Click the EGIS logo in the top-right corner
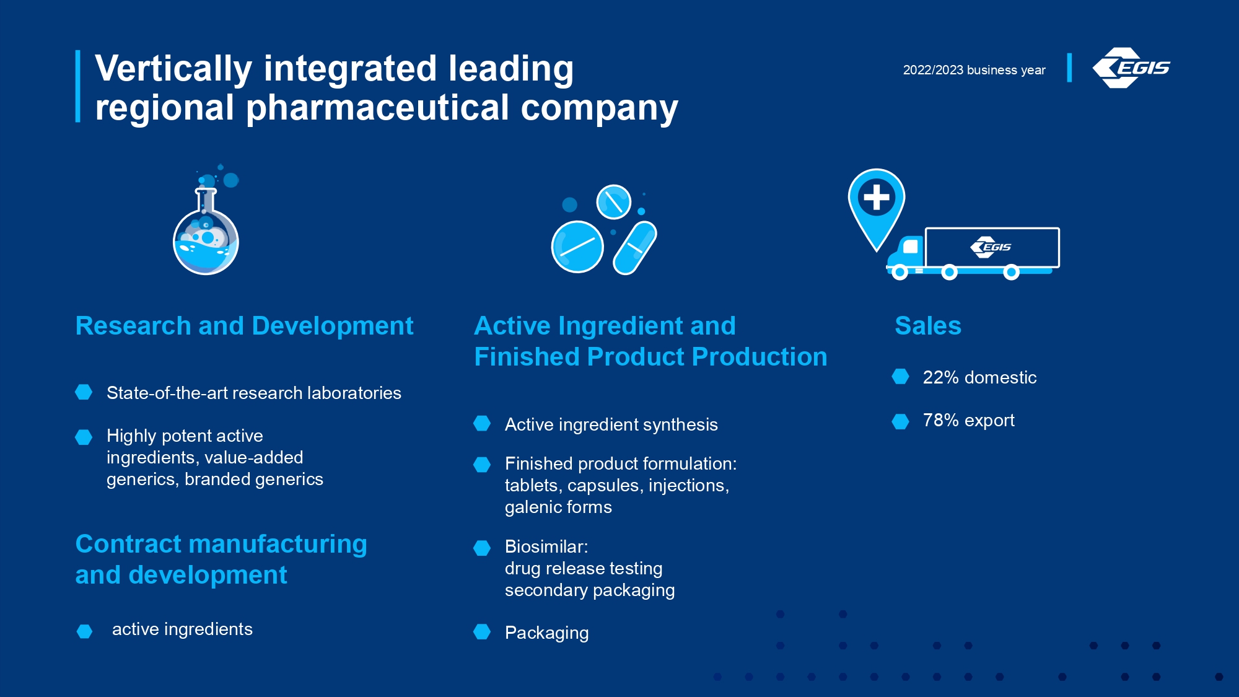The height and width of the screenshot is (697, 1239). pyautogui.click(x=1131, y=68)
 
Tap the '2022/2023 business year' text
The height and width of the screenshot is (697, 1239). pyautogui.click(x=974, y=70)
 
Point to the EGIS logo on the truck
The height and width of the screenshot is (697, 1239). pyautogui.click(x=991, y=247)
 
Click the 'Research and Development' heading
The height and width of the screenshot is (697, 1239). pyautogui.click(x=244, y=326)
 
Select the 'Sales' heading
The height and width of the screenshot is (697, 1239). pyautogui.click(x=928, y=326)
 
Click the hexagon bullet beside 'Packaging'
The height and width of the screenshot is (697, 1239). pyautogui.click(x=482, y=631)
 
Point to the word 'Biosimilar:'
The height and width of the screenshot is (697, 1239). pyautogui.click(x=546, y=546)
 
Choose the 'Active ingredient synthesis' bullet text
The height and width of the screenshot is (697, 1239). pyautogui.click(x=611, y=424)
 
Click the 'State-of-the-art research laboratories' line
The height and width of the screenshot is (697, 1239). pyautogui.click(x=254, y=393)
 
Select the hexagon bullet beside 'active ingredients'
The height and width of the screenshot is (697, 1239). pyautogui.click(x=84, y=631)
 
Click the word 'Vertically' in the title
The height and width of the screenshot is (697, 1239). pyautogui.click(x=173, y=69)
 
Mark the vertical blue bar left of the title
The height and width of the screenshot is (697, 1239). pyautogui.click(x=78, y=86)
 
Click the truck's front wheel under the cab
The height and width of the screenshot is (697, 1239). pyautogui.click(x=900, y=272)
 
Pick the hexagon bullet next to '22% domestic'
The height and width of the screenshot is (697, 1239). pyautogui.click(x=900, y=376)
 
